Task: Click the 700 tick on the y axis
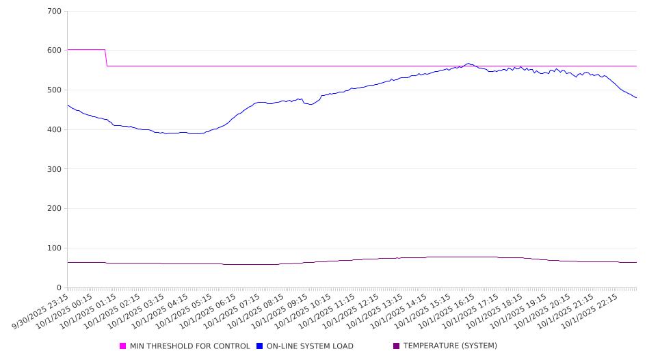pyautogui.click(x=55, y=12)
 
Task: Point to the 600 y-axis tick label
pyautogui.click(x=55, y=51)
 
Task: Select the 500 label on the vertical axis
pyautogui.click(x=55, y=90)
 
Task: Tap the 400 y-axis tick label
pyautogui.click(x=55, y=130)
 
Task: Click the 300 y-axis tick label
pyautogui.click(x=55, y=169)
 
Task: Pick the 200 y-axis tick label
pyautogui.click(x=55, y=209)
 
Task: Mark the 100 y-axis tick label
pyautogui.click(x=55, y=248)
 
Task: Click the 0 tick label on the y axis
pyautogui.click(x=60, y=287)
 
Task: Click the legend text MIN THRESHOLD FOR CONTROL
pyautogui.click(x=189, y=346)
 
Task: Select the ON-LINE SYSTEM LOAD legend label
pyautogui.click(x=310, y=346)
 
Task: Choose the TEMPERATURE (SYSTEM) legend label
pyautogui.click(x=450, y=346)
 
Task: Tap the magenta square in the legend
pyautogui.click(x=123, y=346)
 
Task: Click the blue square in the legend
pyautogui.click(x=260, y=346)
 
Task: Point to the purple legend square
pyautogui.click(x=396, y=346)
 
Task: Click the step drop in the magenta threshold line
pyautogui.click(x=106, y=58)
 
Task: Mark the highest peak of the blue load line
pyautogui.click(x=468, y=64)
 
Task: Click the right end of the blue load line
pyautogui.click(x=636, y=97)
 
